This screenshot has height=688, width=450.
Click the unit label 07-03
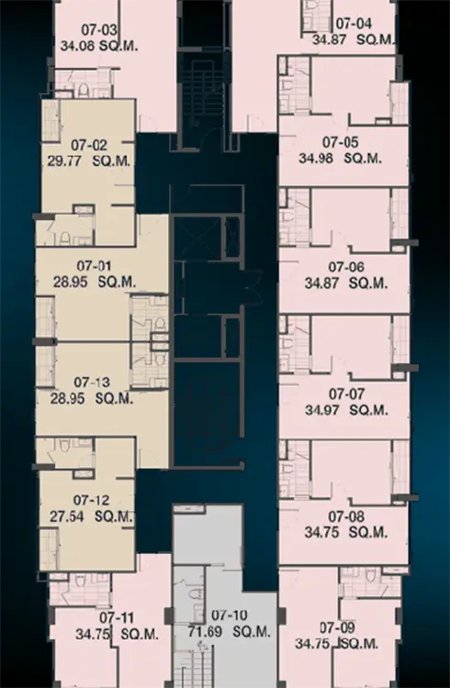pyautogui.click(x=100, y=30)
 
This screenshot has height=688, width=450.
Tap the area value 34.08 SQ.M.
pyautogui.click(x=99, y=46)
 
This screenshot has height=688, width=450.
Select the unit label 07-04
pyautogui.click(x=354, y=23)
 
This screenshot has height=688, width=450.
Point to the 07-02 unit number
pyautogui.click(x=89, y=145)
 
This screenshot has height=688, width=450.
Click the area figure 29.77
pyautogui.click(x=64, y=161)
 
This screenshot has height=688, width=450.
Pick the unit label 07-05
pyautogui.click(x=341, y=141)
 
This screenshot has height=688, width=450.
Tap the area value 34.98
pyautogui.click(x=316, y=158)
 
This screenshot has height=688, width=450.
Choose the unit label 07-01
pyautogui.click(x=94, y=265)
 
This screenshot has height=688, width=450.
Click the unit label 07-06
pyautogui.click(x=346, y=267)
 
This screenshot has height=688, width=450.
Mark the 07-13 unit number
pyautogui.click(x=92, y=383)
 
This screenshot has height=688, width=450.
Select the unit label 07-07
pyautogui.click(x=347, y=394)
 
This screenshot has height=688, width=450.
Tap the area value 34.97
pyautogui.click(x=322, y=410)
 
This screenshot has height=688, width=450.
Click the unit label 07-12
pyautogui.click(x=92, y=500)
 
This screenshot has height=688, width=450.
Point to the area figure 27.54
pyautogui.click(x=67, y=516)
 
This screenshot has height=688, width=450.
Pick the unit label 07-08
pyautogui.click(x=346, y=516)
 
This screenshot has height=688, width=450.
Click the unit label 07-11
pyautogui.click(x=117, y=617)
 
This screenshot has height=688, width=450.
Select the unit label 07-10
pyautogui.click(x=230, y=616)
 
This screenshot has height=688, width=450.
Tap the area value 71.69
pyautogui.click(x=205, y=632)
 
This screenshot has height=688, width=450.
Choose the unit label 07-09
pyautogui.click(x=338, y=627)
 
